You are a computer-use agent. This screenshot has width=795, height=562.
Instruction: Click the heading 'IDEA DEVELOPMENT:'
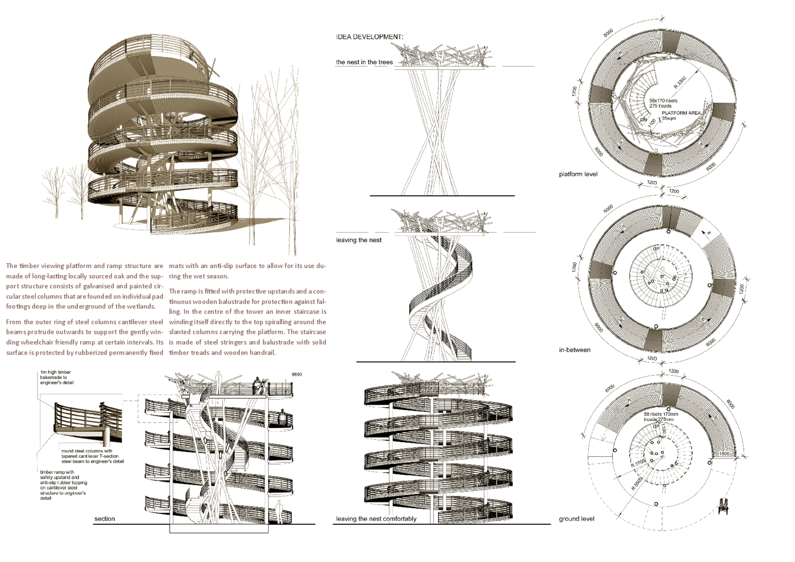click(x=369, y=37)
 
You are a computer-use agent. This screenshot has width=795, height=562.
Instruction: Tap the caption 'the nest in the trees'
click(x=364, y=62)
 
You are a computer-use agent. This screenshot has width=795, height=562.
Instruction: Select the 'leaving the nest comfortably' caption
click(x=376, y=519)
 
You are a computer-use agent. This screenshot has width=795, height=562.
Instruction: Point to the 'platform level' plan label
click(x=578, y=174)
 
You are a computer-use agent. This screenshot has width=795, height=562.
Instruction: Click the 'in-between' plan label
click(x=575, y=350)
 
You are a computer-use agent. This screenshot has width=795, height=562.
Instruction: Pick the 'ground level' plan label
click(x=576, y=519)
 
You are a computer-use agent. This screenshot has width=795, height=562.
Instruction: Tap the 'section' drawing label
click(x=104, y=519)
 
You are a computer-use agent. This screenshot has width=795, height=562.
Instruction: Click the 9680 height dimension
click(x=296, y=374)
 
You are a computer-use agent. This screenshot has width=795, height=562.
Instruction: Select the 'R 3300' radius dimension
click(x=679, y=82)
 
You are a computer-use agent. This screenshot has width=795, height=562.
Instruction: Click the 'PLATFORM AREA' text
click(x=681, y=113)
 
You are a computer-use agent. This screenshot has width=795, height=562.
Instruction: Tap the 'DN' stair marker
click(x=643, y=120)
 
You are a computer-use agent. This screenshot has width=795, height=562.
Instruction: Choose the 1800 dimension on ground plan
click(x=724, y=454)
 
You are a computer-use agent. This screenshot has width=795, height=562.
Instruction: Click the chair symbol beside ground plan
click(x=723, y=506)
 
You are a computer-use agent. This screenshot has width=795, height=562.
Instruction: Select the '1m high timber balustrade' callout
click(x=57, y=377)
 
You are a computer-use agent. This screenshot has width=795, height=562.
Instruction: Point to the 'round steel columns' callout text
click(x=92, y=456)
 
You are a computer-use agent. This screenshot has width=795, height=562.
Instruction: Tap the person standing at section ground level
click(x=279, y=512)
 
